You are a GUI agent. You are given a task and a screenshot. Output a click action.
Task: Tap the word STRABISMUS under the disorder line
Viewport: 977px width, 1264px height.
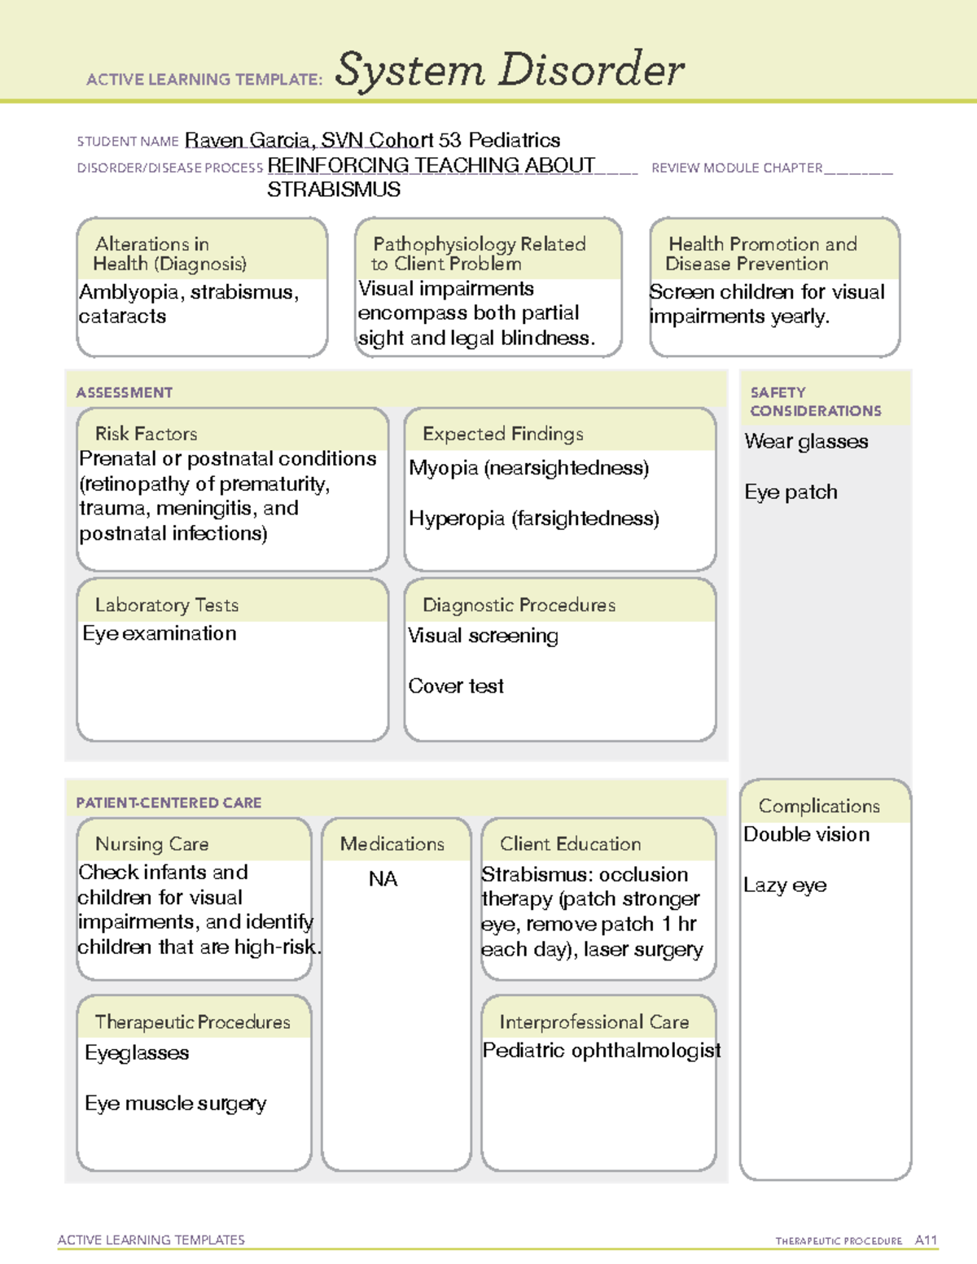334,190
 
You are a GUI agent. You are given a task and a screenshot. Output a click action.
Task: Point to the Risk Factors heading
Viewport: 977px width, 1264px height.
146,434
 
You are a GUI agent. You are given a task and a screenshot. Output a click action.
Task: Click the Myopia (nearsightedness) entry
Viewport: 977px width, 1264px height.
528,468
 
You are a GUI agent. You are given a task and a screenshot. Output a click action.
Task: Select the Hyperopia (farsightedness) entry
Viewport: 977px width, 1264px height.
533,518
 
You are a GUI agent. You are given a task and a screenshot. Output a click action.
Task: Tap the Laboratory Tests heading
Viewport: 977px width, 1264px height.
166,606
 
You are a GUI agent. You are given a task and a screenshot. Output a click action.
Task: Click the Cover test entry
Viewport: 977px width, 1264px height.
456,686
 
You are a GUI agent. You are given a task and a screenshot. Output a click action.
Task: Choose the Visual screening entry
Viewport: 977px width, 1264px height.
483,636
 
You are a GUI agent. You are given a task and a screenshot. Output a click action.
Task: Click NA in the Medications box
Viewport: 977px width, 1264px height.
383,879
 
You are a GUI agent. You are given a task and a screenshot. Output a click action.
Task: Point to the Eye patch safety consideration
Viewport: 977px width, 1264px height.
791,492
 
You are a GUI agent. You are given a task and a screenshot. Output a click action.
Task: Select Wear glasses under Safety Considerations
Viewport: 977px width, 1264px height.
806,442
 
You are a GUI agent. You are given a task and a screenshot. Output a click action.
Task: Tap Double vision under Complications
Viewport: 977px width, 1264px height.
806,835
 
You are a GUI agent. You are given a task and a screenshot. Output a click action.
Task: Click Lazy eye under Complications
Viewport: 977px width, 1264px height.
785,886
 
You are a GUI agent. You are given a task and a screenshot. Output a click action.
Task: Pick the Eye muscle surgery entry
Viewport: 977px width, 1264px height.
175,1104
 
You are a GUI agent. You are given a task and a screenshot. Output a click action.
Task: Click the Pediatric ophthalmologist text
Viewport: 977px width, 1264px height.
601,1051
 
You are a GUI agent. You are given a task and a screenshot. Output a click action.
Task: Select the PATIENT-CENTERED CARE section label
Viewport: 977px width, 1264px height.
169,803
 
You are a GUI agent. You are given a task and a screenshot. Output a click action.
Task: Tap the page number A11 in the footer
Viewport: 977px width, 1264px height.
926,1240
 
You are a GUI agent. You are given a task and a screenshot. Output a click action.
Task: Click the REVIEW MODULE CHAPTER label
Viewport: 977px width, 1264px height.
737,168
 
